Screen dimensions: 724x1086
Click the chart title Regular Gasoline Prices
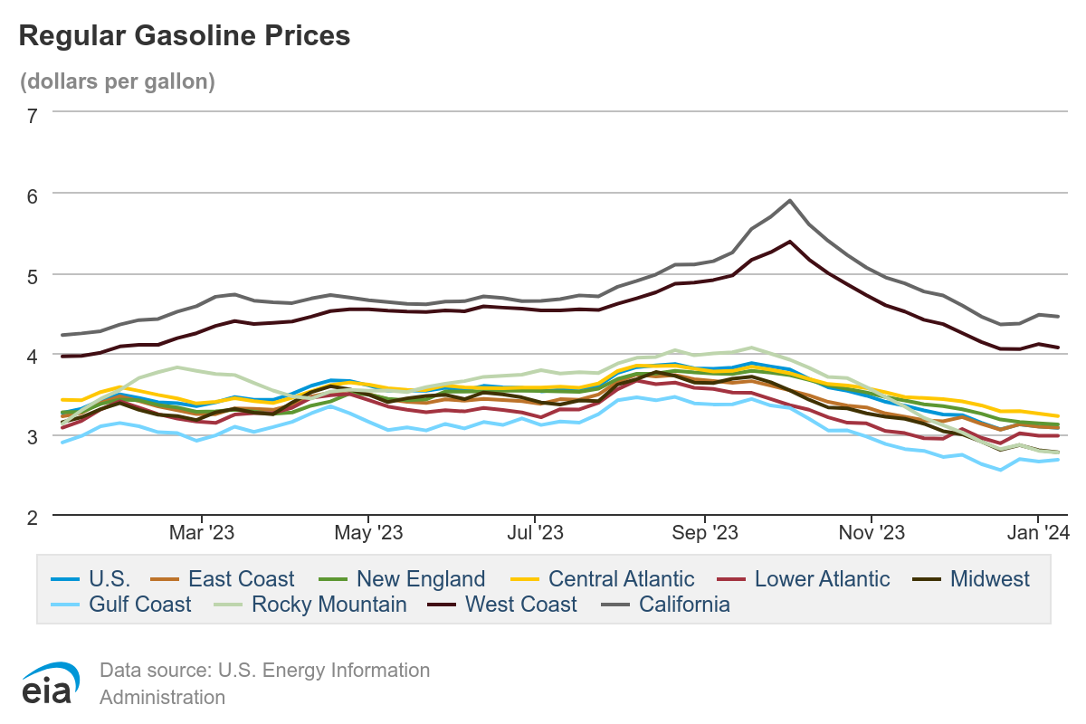[x=184, y=35]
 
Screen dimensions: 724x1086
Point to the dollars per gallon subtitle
[x=118, y=81]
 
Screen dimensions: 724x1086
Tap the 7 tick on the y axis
[x=33, y=115]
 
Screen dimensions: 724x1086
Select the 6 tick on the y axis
[x=33, y=195]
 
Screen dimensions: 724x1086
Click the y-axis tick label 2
[x=33, y=518]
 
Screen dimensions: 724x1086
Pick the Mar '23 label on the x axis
[x=203, y=533]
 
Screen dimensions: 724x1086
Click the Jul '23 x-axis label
[x=536, y=533]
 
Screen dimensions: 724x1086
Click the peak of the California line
[x=790, y=201]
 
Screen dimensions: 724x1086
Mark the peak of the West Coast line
[x=790, y=242]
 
